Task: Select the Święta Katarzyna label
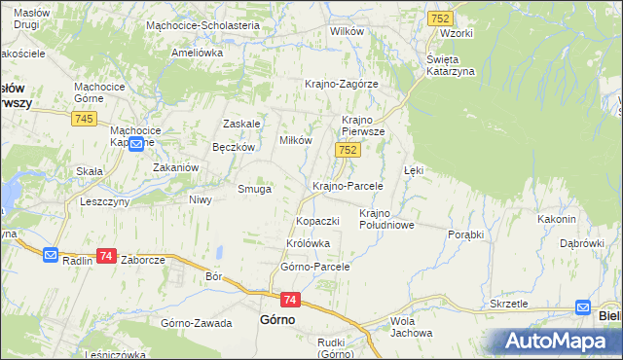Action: pyautogui.click(x=450, y=65)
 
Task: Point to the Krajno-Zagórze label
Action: pyautogui.click(x=341, y=84)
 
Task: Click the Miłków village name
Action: pyautogui.click(x=296, y=140)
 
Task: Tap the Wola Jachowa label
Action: pyautogui.click(x=410, y=327)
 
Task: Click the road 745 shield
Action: pyautogui.click(x=82, y=118)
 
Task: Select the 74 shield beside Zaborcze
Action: pyautogui.click(x=107, y=256)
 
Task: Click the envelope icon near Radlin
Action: pyautogui.click(x=52, y=255)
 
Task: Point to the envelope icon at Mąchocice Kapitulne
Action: pyautogui.click(x=137, y=144)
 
